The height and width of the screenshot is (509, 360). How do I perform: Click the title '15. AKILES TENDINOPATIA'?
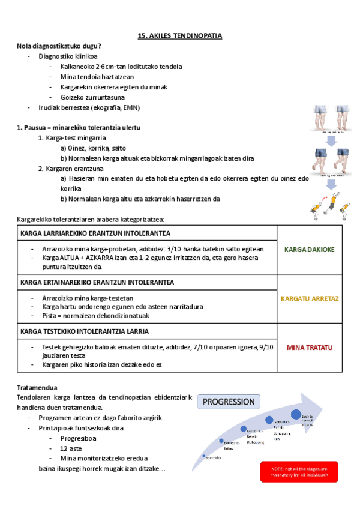click(180, 36)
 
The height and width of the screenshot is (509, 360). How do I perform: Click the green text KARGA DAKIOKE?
click(309, 249)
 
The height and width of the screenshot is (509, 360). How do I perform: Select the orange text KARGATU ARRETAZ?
click(309, 298)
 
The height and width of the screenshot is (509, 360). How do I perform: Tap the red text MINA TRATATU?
click(309, 348)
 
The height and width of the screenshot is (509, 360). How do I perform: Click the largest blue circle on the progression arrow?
click(296, 414)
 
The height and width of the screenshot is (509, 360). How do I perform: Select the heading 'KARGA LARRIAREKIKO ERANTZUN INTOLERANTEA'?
click(95, 233)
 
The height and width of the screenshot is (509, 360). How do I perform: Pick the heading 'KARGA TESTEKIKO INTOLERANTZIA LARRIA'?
click(85, 331)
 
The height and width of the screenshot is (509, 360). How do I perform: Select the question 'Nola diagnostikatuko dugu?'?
click(59, 46)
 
